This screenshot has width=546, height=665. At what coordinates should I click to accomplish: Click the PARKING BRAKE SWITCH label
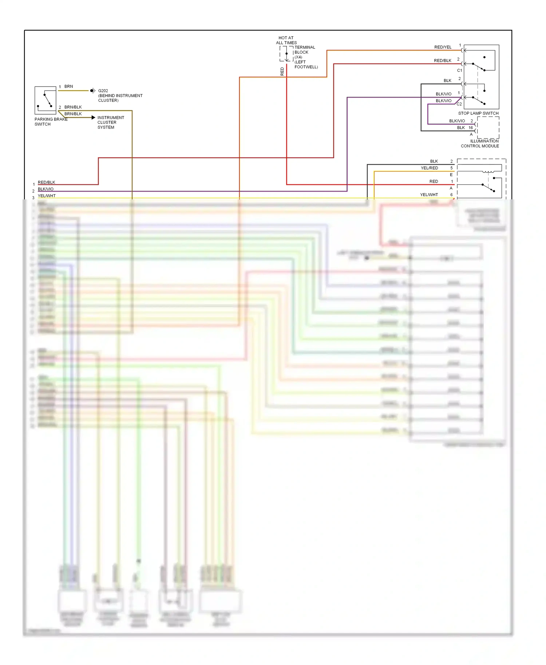point(51,122)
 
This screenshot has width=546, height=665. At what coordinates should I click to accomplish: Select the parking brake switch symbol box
point(45,100)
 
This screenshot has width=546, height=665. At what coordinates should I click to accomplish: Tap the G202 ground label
point(103,91)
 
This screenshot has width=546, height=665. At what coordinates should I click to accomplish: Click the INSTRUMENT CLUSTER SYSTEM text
point(111,123)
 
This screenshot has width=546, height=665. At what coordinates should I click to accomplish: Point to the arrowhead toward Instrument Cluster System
point(94,118)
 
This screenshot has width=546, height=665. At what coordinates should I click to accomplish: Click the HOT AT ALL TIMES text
point(286,40)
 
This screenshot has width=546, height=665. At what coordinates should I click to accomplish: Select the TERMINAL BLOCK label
point(305,50)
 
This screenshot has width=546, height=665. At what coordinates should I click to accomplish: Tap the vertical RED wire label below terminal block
point(282,71)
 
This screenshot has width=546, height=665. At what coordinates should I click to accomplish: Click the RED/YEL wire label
point(443,47)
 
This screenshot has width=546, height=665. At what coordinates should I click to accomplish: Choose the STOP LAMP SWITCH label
point(478,113)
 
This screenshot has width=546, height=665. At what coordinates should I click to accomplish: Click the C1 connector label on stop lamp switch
point(459,71)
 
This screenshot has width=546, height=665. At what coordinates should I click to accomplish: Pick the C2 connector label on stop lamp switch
point(459,104)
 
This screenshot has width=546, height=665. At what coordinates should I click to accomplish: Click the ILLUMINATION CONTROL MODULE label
point(480,144)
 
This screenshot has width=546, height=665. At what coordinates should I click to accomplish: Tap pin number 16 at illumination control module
point(471,128)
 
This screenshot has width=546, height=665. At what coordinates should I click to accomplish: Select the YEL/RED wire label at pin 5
point(429,168)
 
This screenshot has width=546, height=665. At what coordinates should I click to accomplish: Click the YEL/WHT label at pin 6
point(429,195)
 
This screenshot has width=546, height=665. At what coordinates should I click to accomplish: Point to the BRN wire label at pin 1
point(68,87)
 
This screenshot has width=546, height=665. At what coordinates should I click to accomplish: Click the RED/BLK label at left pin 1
point(47,183)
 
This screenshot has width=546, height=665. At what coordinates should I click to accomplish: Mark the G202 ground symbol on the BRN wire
point(92,91)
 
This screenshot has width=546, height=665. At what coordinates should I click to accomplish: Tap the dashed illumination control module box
point(488,128)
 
